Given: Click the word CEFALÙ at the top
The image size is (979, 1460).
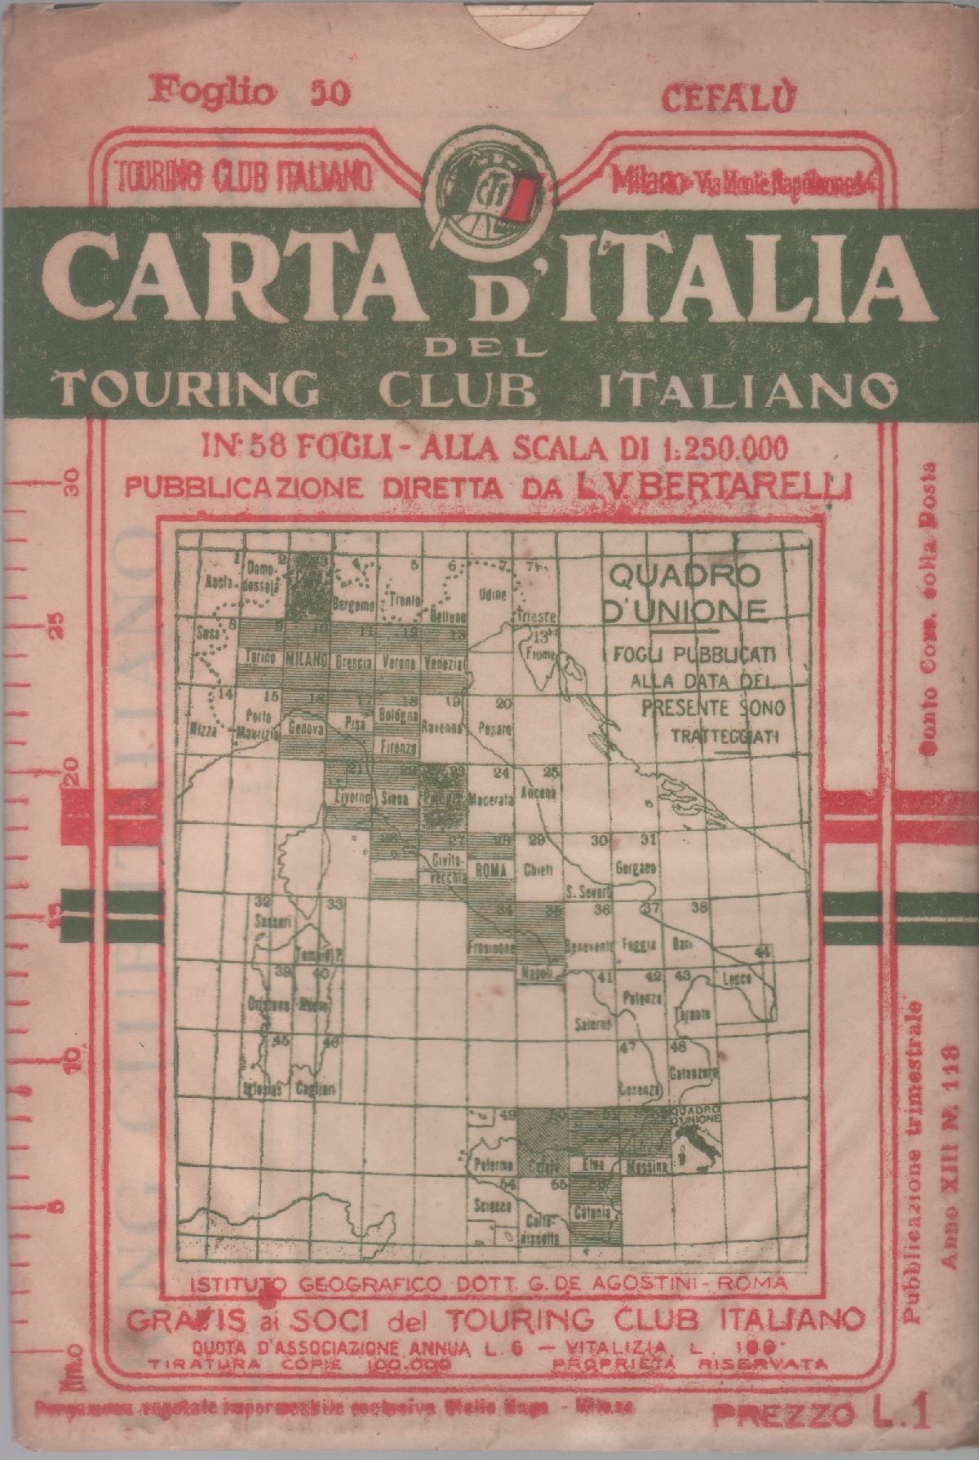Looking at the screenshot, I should pos(728,99).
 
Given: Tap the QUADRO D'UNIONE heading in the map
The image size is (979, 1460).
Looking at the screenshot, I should pos(686,593).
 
